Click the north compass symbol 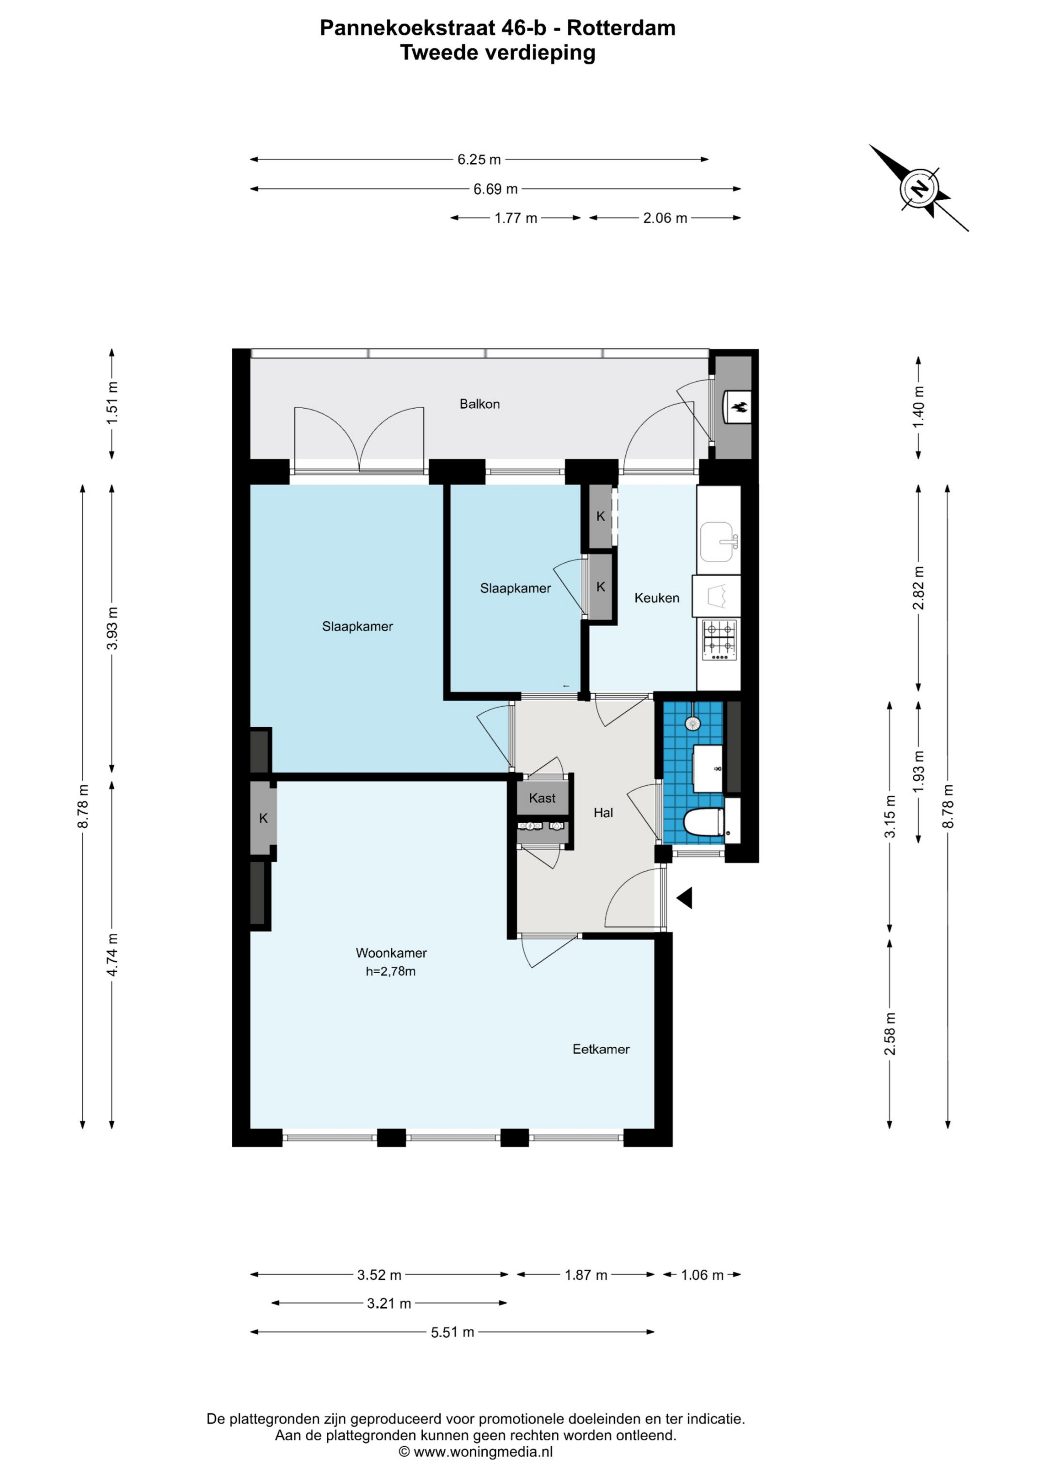coord(920,188)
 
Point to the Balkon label coord(480,404)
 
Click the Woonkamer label coord(391,953)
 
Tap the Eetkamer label coord(601,1049)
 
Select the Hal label coord(603,813)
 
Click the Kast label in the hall coord(542,798)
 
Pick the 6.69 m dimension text coord(495,189)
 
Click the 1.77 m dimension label coord(515,218)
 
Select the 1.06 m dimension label coord(702,1275)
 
